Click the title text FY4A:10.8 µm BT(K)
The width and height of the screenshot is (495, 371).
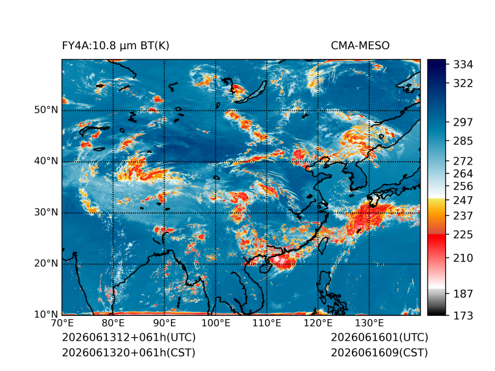point(115,46)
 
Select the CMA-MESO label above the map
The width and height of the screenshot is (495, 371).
point(360,46)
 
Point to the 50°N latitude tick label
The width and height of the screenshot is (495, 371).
point(46,110)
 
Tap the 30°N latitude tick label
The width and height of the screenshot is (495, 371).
point(46,212)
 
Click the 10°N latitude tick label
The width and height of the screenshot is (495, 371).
point(46,314)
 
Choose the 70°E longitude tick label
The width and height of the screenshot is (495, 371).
point(62,323)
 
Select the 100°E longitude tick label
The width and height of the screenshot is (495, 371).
point(216,323)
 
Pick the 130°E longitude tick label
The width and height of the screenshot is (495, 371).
point(369,323)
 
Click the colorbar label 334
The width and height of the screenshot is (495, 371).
point(463,65)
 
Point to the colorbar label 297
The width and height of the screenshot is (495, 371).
point(463,122)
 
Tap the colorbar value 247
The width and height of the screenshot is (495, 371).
point(463,200)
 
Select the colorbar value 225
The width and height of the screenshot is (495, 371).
point(463,235)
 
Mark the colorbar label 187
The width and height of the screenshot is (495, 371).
point(463,294)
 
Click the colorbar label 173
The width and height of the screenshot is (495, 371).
point(463,315)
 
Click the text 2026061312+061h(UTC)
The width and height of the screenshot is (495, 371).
point(129,337)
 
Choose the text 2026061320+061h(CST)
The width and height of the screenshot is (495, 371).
point(129,353)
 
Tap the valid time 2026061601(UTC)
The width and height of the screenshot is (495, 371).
point(380,337)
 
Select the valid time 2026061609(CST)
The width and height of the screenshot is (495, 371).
point(380,353)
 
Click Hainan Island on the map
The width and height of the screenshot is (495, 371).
point(264,268)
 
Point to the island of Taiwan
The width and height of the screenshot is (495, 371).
point(323,245)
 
